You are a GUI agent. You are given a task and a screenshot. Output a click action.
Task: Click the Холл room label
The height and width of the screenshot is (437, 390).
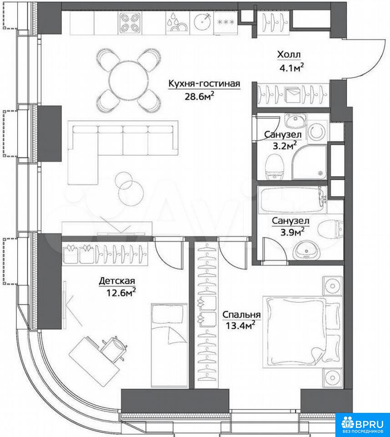tap(289, 55)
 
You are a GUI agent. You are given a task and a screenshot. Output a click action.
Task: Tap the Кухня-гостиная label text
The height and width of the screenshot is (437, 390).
tap(204, 84)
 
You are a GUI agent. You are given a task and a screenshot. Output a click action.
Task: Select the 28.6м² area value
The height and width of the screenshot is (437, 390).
tap(199, 96)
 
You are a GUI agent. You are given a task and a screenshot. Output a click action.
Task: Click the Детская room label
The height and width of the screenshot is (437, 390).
tap(117, 281)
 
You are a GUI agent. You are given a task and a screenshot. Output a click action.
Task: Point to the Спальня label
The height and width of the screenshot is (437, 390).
tap(242, 315)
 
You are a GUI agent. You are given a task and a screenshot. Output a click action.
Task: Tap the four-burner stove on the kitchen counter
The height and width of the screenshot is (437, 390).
tap(130, 23)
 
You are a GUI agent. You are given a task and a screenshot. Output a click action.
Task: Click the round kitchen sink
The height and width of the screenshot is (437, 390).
tap(202, 22)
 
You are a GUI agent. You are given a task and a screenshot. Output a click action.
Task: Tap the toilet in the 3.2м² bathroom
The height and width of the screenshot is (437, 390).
tap(275, 167)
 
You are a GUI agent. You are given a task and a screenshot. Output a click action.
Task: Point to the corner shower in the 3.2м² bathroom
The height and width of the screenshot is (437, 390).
tap(309, 161)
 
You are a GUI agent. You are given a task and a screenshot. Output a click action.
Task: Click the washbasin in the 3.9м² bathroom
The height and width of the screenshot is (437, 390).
tap(306, 250)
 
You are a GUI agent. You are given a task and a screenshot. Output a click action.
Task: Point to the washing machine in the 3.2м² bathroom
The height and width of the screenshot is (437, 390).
tap(318, 131)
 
